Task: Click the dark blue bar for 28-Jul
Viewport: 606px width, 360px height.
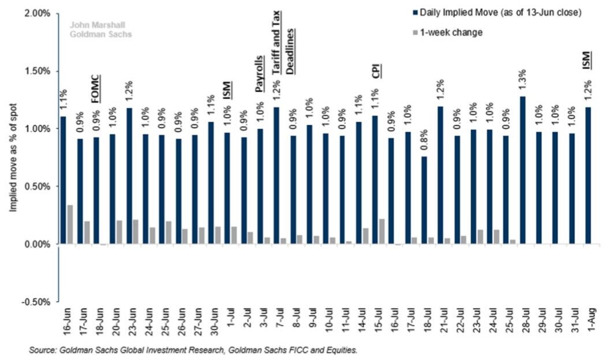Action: click(522, 170)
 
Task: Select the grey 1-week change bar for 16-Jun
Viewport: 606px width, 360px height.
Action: click(70, 224)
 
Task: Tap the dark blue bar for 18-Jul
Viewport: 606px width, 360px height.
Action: click(440, 200)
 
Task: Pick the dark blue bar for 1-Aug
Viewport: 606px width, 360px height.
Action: click(588, 175)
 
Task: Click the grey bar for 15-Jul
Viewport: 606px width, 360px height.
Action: click(381, 231)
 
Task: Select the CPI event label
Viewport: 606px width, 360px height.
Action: click(375, 72)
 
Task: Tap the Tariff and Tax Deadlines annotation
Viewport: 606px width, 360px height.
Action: click(284, 53)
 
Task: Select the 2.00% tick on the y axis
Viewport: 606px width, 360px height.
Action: click(39, 13)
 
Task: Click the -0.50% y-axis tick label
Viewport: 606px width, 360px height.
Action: click(38, 302)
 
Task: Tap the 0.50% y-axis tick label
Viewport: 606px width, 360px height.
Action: click(39, 186)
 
